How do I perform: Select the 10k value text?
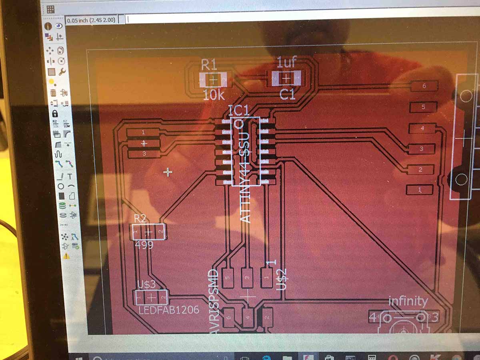pos(214,95)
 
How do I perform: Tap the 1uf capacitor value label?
pos(287,62)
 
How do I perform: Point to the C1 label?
pos(287,95)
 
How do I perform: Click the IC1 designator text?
pos(239,110)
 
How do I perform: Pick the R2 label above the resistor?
pos(140,218)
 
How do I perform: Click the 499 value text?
pos(144,245)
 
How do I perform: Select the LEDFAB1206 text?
pos(168,310)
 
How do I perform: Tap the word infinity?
pos(408,301)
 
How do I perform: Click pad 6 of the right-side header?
pos(424,86)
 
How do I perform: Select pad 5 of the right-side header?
pos(423,107)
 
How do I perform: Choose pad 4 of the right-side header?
pos(422,128)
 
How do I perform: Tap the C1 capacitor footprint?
pos(286,78)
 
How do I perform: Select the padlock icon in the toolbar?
pos(55,114)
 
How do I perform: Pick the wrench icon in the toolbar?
pos(62,72)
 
